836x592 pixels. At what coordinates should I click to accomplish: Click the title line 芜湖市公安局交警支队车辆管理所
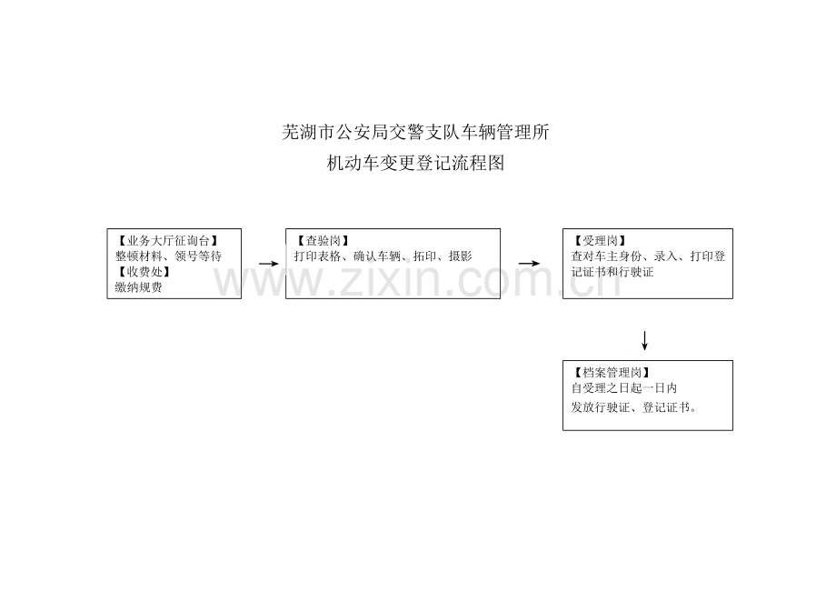[415, 132]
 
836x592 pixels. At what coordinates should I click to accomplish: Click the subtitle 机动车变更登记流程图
[415, 163]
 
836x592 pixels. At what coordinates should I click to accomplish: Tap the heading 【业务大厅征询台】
[167, 241]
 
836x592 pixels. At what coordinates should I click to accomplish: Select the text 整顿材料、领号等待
[168, 256]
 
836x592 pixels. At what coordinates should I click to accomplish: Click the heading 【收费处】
[144, 272]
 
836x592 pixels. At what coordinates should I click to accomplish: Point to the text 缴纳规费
[139, 287]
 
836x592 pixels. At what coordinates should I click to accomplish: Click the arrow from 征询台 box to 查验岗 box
[269, 264]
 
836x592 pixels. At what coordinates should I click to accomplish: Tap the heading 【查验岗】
[323, 241]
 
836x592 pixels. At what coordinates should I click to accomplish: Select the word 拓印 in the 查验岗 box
[424, 256]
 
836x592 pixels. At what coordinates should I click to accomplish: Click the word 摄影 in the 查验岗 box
[461, 256]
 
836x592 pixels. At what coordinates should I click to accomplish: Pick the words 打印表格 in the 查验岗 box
[317, 256]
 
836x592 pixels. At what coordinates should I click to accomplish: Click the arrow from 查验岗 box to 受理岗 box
[529, 264]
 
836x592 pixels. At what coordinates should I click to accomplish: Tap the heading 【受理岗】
[600, 241]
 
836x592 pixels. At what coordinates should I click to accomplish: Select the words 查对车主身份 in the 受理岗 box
[606, 256]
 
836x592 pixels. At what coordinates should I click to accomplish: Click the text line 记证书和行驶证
[612, 272]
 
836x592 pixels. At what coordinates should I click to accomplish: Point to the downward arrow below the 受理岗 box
[644, 341]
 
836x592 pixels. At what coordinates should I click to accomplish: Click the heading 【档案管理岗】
[612, 373]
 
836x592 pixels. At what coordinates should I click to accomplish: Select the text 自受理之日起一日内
[623, 388]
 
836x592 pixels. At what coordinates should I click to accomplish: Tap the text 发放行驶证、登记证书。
[634, 408]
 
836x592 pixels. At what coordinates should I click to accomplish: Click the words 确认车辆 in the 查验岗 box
[377, 256]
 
